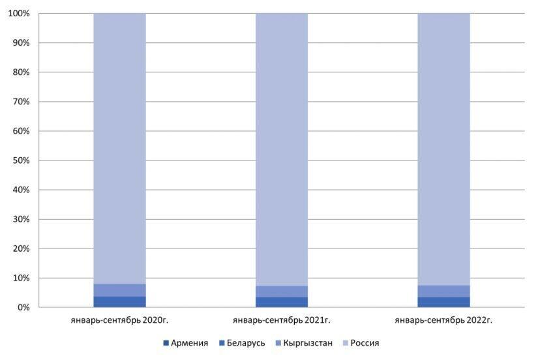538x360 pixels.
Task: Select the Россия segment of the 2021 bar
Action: pos(281,149)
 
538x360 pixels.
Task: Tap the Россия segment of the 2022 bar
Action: pos(443,149)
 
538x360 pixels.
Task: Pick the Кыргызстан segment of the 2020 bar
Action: pos(119,290)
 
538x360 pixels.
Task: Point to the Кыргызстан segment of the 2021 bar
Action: pos(281,292)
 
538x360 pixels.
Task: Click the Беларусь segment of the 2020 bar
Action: pos(119,301)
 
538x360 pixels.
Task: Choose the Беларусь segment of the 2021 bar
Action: pos(281,302)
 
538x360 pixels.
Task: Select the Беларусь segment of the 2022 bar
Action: pos(443,302)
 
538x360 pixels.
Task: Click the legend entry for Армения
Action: pos(185,342)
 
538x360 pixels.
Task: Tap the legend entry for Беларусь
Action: pos(241,342)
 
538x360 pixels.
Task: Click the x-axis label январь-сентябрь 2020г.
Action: pos(119,320)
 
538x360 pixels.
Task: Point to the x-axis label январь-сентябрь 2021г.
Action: pos(281,320)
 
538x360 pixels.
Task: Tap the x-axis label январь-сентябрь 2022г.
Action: pos(443,320)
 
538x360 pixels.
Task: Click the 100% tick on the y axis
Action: pos(19,14)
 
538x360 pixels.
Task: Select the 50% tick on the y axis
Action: pos(21,160)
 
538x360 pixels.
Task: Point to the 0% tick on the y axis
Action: pos(23,307)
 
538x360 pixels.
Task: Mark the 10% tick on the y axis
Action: pos(21,278)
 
